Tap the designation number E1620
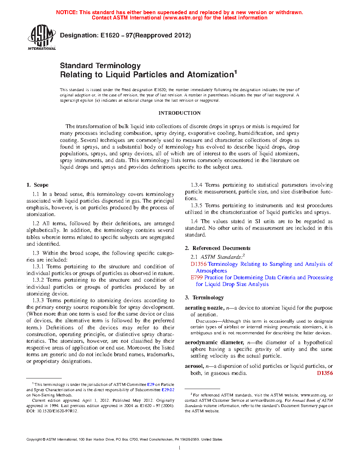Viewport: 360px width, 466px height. (110, 35)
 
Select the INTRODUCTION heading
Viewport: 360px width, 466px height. (179, 113)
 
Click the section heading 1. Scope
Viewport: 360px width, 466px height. (37, 185)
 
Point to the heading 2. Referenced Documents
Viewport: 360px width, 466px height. (217, 248)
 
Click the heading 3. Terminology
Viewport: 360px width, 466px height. (204, 298)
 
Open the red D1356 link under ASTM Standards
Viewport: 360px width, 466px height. (198, 264)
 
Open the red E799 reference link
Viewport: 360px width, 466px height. (197, 277)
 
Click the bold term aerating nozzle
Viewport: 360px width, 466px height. (204, 308)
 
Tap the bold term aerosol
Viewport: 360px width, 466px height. (194, 366)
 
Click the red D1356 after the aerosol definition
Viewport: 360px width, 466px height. (325, 373)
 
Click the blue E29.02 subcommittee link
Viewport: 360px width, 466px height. (168, 390)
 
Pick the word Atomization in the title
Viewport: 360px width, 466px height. (210, 75)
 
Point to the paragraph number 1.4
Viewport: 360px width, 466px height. (194, 221)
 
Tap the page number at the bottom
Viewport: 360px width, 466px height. (180, 448)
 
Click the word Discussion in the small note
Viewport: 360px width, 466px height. (206, 321)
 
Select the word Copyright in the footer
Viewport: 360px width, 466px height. (34, 440)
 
